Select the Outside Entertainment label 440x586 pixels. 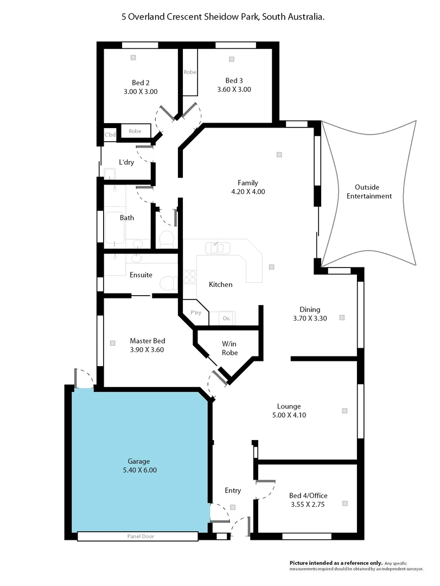click(369, 191)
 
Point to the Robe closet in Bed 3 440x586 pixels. click(190, 72)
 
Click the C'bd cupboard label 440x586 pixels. click(110, 135)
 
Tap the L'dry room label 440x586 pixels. click(126, 162)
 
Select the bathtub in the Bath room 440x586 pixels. click(114, 227)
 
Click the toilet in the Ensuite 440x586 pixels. click(169, 283)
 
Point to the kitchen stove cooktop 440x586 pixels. click(190, 277)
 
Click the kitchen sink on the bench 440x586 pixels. click(218, 248)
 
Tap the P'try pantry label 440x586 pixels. click(195, 313)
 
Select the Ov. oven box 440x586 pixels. click(227, 319)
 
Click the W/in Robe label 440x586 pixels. click(229, 348)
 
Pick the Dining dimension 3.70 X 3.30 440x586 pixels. click(310, 319)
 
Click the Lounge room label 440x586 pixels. click(289, 406)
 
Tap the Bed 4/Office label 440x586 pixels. click(308, 495)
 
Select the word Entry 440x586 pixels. click(233, 491)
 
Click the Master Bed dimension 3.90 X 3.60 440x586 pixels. click(147, 350)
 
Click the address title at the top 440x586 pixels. click(223, 17)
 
